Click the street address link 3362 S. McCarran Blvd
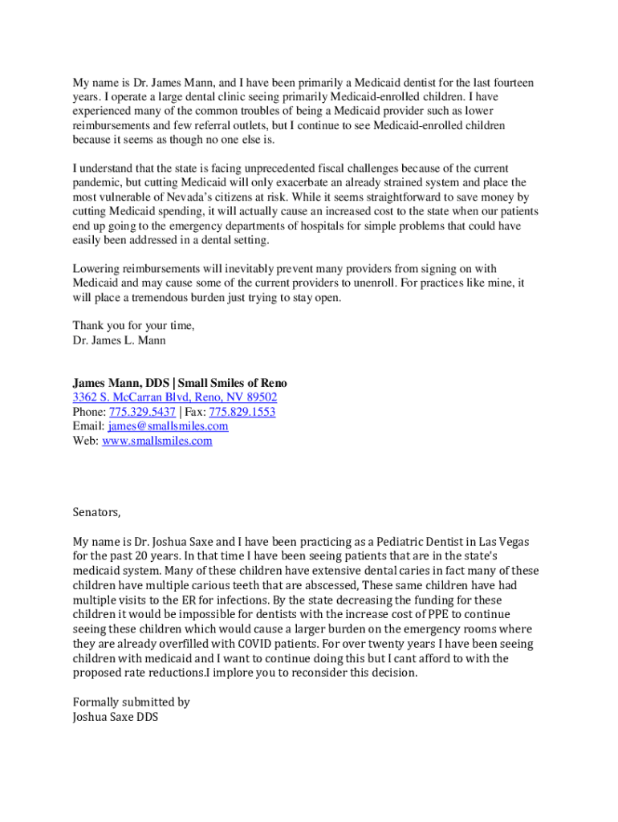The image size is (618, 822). [175, 397]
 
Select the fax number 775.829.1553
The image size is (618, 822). [242, 412]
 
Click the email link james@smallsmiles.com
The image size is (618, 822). [168, 426]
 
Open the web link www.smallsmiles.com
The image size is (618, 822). [157, 441]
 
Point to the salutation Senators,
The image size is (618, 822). [96, 512]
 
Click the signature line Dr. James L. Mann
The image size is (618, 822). [120, 340]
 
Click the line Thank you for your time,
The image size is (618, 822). [134, 325]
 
